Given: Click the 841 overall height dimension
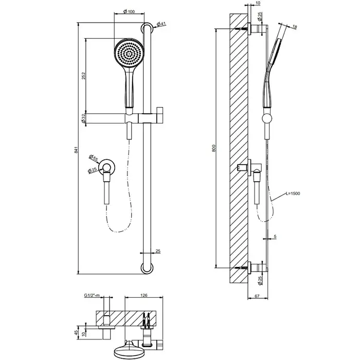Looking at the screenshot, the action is (x=77, y=150).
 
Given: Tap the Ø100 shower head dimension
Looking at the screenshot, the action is (x=129, y=11).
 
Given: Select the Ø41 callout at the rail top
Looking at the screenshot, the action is (x=161, y=24).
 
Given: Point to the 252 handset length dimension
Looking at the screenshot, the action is (x=83, y=76).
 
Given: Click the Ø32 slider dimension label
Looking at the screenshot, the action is (x=83, y=118).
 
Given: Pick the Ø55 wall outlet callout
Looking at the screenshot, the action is (x=94, y=158).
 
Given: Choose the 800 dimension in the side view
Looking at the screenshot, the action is (x=214, y=148).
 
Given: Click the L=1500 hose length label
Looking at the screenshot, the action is (x=293, y=193).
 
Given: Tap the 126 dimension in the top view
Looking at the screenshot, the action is (x=143, y=295).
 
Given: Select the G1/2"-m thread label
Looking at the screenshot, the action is (x=92, y=295).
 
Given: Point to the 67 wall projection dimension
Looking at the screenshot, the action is (x=257, y=296).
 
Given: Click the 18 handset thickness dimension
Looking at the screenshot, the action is (x=295, y=27).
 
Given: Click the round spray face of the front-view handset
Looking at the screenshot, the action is (x=129, y=53).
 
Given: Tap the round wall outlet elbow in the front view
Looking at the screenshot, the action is (x=106, y=167).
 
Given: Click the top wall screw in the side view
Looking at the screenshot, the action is (x=242, y=29).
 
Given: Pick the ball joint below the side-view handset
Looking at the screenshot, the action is (x=267, y=118).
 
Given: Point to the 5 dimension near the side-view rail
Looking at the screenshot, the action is (x=275, y=237).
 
